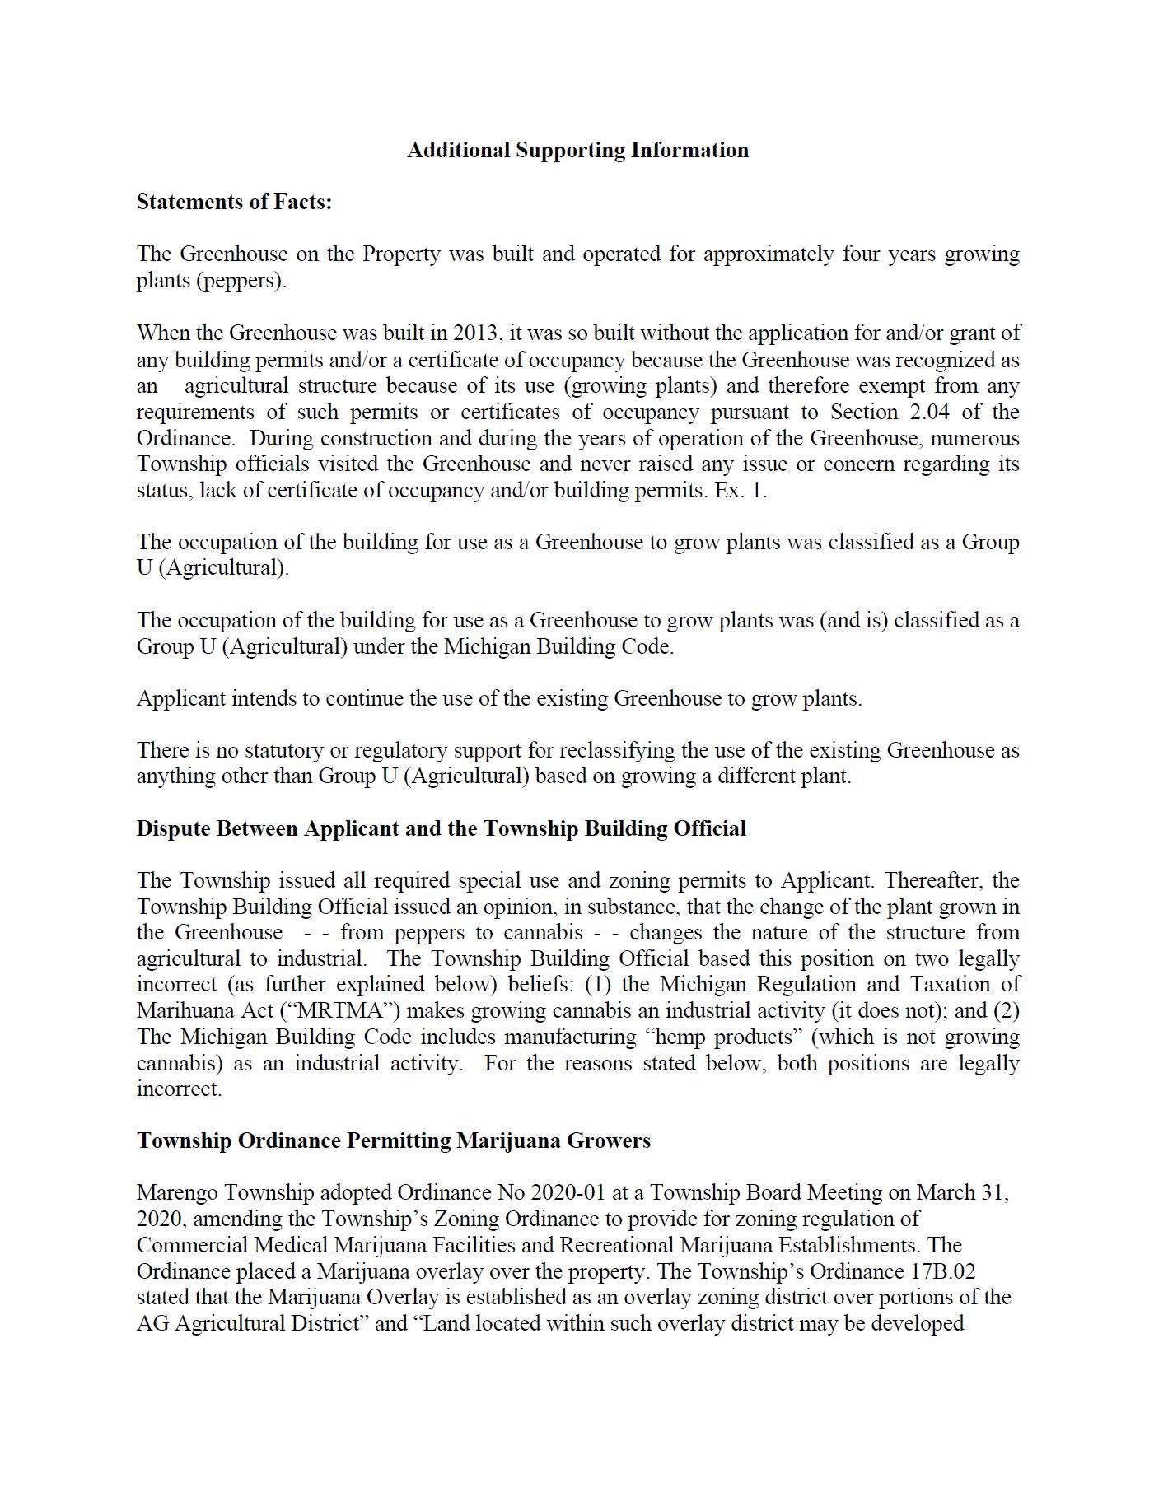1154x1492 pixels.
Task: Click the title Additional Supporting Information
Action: [577, 151]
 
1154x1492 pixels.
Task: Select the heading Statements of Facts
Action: [234, 203]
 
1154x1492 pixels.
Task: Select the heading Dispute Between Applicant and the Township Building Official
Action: [441, 828]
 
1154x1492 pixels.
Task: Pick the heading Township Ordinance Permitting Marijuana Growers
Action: [393, 1140]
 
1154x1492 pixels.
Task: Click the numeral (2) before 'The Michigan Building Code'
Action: [1006, 1010]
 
